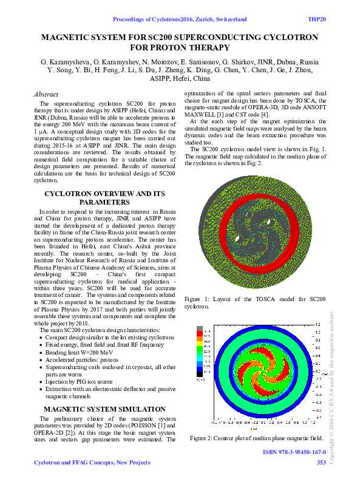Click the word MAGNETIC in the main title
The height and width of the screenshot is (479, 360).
click(67, 38)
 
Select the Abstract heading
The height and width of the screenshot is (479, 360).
click(46, 95)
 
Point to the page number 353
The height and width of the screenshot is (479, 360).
click(321, 463)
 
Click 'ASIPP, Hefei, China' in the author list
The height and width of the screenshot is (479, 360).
click(180, 78)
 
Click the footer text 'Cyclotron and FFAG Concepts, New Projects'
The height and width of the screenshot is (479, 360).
click(92, 463)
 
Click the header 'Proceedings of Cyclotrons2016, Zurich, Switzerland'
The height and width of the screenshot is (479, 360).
click(180, 19)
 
